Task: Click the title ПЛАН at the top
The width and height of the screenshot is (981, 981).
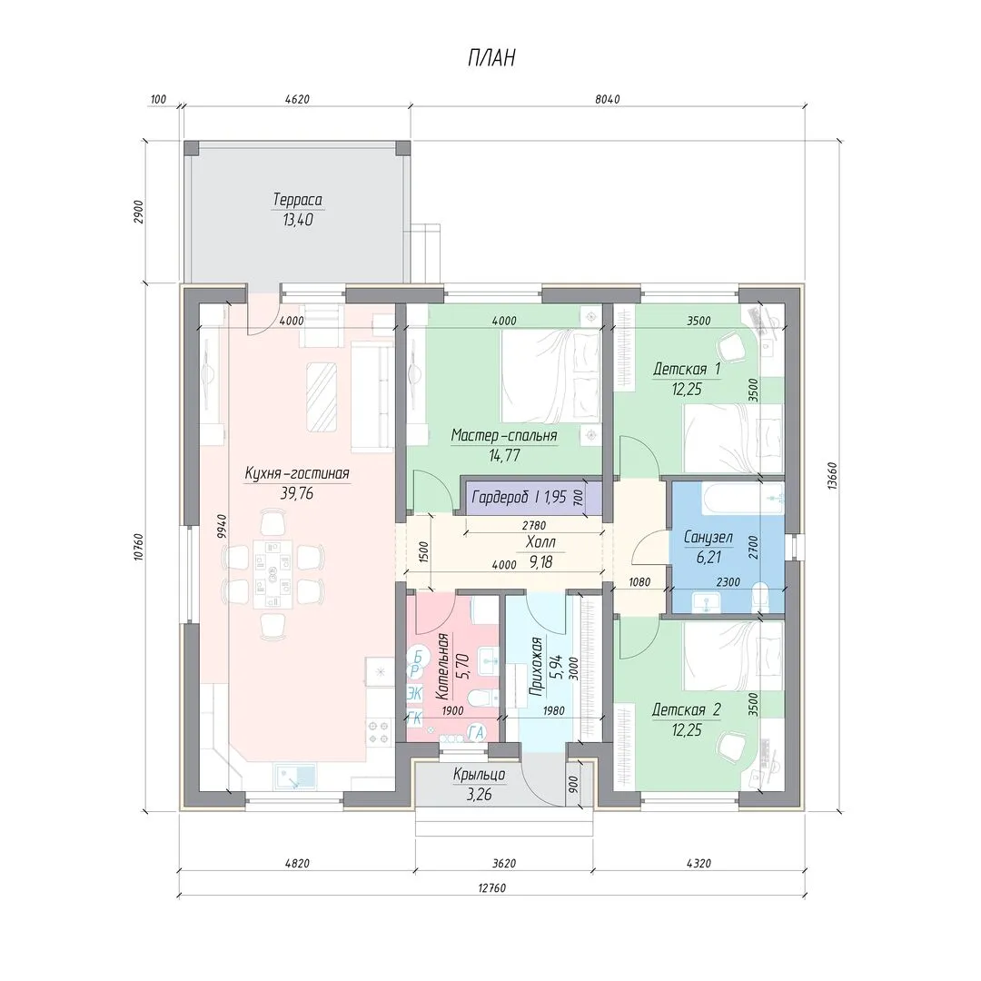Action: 491,57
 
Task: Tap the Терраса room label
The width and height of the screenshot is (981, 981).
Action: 297,200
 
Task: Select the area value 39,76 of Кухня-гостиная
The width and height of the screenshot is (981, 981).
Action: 297,493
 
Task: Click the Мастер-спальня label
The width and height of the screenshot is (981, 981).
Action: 504,435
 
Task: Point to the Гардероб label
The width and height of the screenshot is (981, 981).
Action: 501,497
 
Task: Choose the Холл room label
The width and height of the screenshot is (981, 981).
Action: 540,541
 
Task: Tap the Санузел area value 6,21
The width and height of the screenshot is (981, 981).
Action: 708,557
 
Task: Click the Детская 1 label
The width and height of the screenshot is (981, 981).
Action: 687,369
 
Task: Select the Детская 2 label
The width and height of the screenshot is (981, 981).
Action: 687,709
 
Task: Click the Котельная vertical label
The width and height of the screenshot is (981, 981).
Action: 442,667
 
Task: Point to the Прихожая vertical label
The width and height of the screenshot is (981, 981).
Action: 535,667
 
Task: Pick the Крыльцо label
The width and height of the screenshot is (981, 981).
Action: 480,775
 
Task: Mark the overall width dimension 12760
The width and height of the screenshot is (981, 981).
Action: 491,887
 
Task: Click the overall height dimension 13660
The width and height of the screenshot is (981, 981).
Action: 831,476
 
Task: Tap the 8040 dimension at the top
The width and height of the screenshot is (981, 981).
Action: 608,99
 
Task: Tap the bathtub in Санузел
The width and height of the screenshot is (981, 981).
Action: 742,499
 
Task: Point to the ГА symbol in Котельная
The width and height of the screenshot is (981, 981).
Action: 477,731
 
